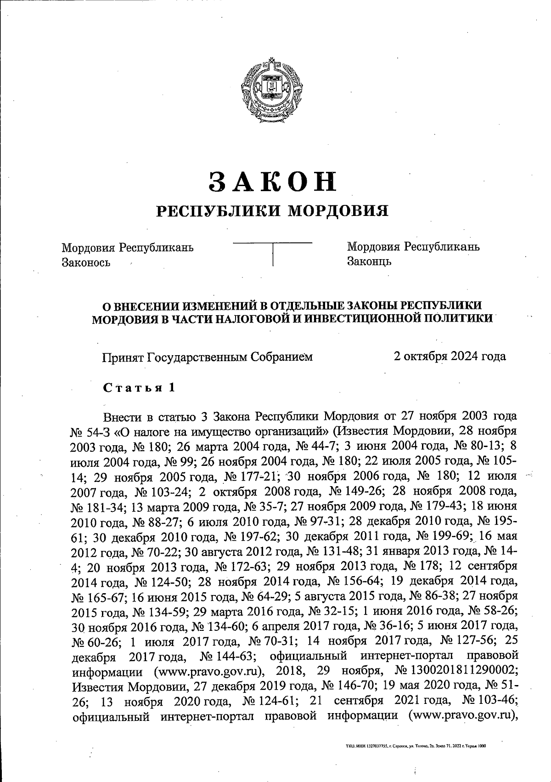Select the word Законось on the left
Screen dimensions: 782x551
point(86,262)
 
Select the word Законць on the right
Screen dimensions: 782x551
point(369,261)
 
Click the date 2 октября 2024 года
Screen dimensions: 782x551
point(450,356)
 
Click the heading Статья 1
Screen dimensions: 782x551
point(139,387)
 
